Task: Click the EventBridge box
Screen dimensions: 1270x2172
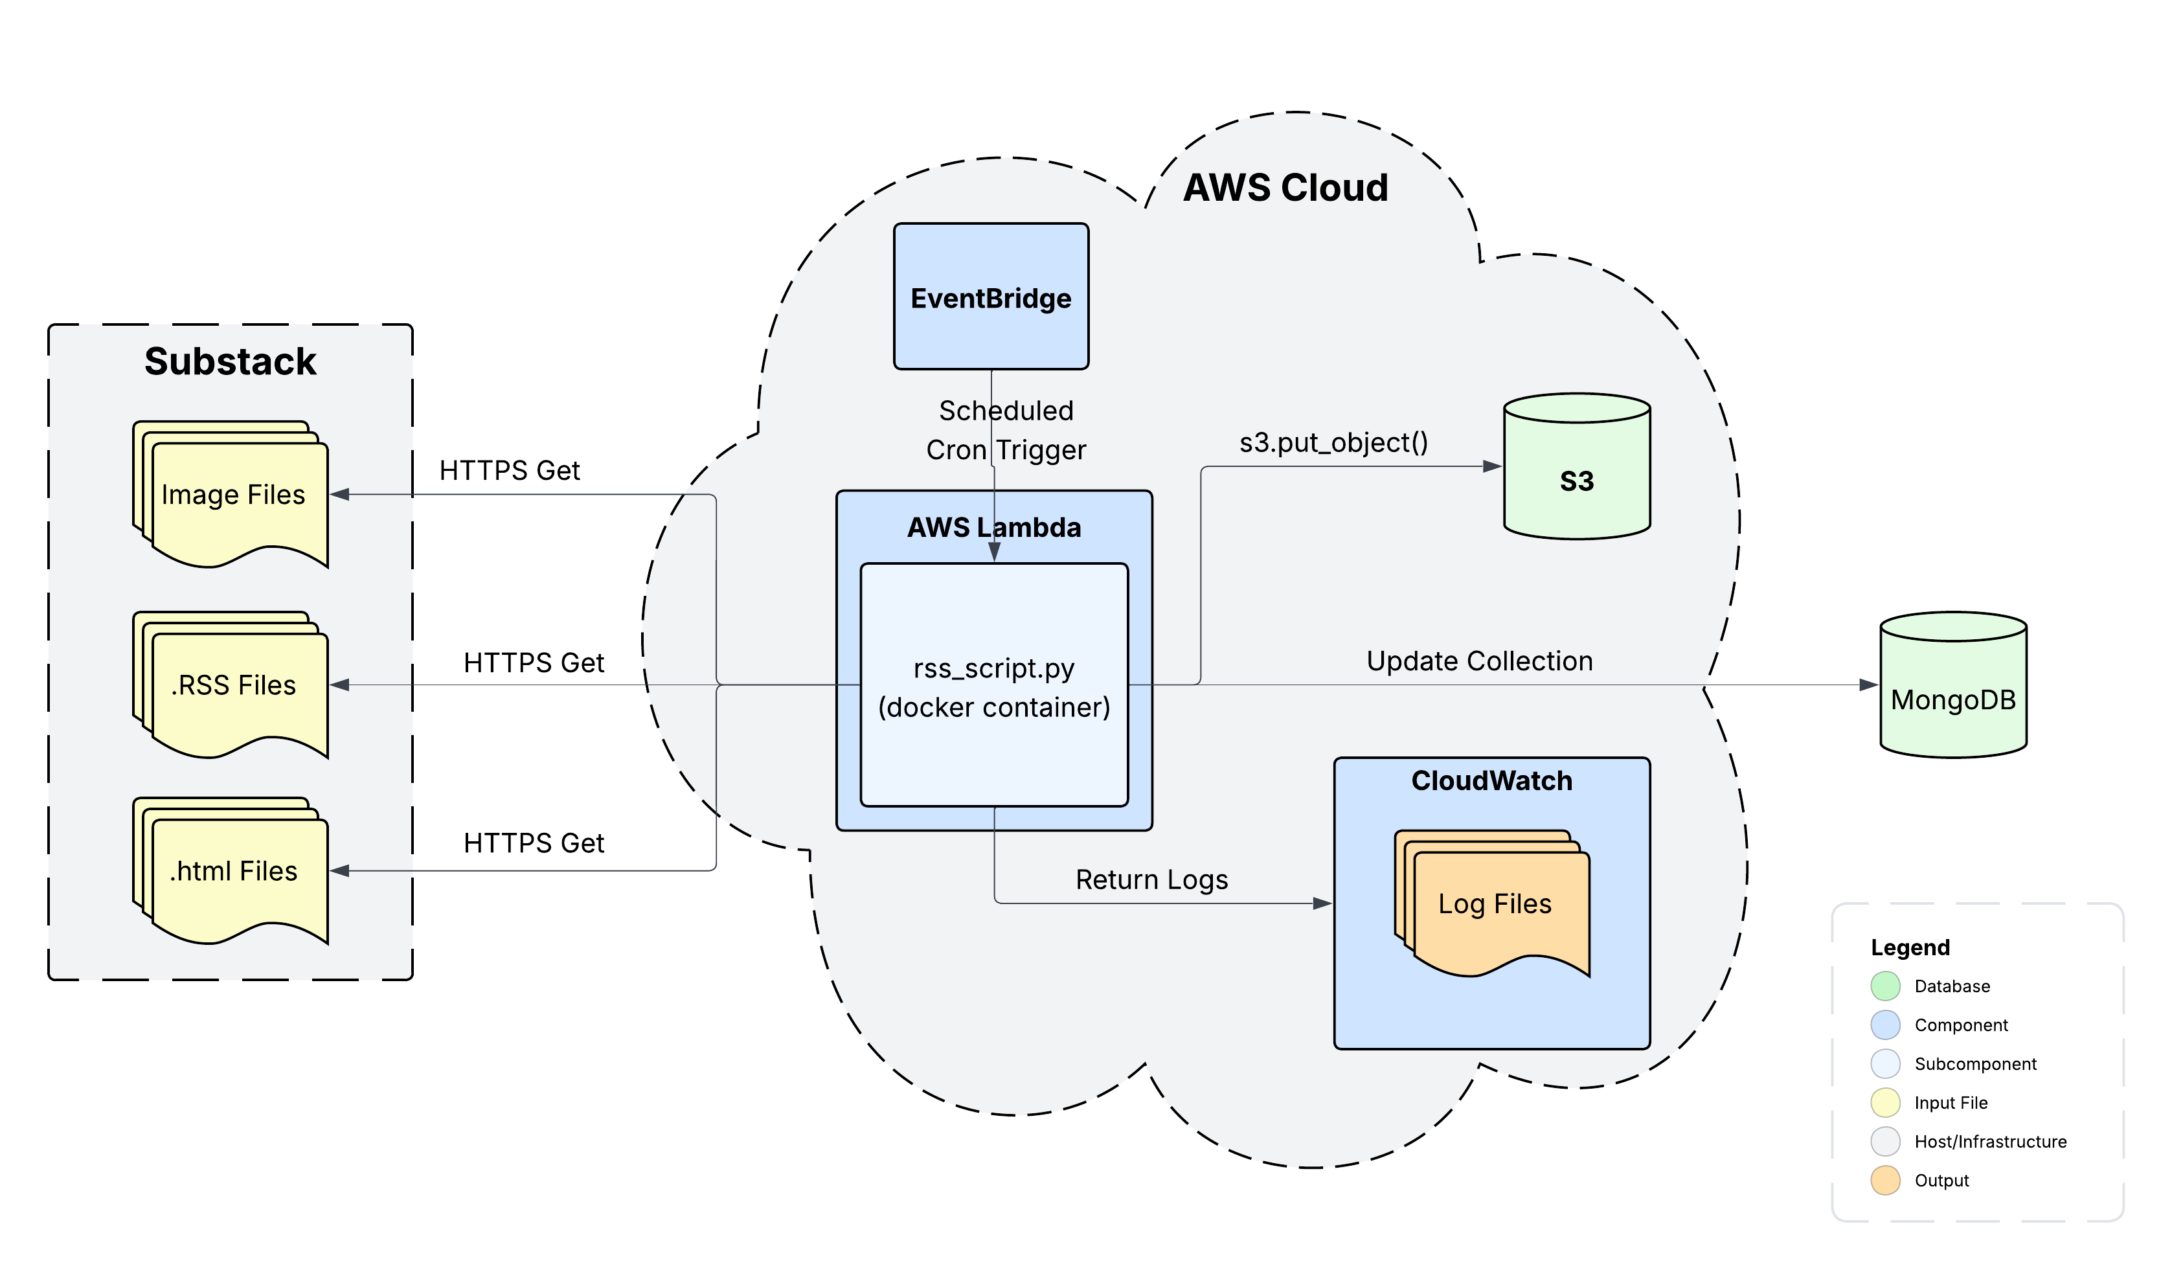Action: click(x=991, y=297)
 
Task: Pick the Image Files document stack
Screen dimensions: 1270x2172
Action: click(x=232, y=495)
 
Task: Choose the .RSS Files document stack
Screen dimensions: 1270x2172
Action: click(x=232, y=685)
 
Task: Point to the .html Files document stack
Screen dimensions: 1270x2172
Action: click(x=232, y=872)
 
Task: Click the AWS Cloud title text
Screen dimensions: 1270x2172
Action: click(x=1285, y=188)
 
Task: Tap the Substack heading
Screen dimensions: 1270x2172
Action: click(x=230, y=361)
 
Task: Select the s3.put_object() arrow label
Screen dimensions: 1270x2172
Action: click(x=1333, y=442)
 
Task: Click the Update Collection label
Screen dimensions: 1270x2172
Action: click(x=1479, y=661)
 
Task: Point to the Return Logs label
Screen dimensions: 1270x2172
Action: click(x=1151, y=879)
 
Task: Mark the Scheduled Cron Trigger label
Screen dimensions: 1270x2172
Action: click(x=1006, y=430)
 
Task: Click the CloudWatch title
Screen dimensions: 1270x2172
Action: click(x=1491, y=781)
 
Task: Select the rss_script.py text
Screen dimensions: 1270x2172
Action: click(x=994, y=669)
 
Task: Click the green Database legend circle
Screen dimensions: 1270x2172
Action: click(x=1885, y=986)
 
